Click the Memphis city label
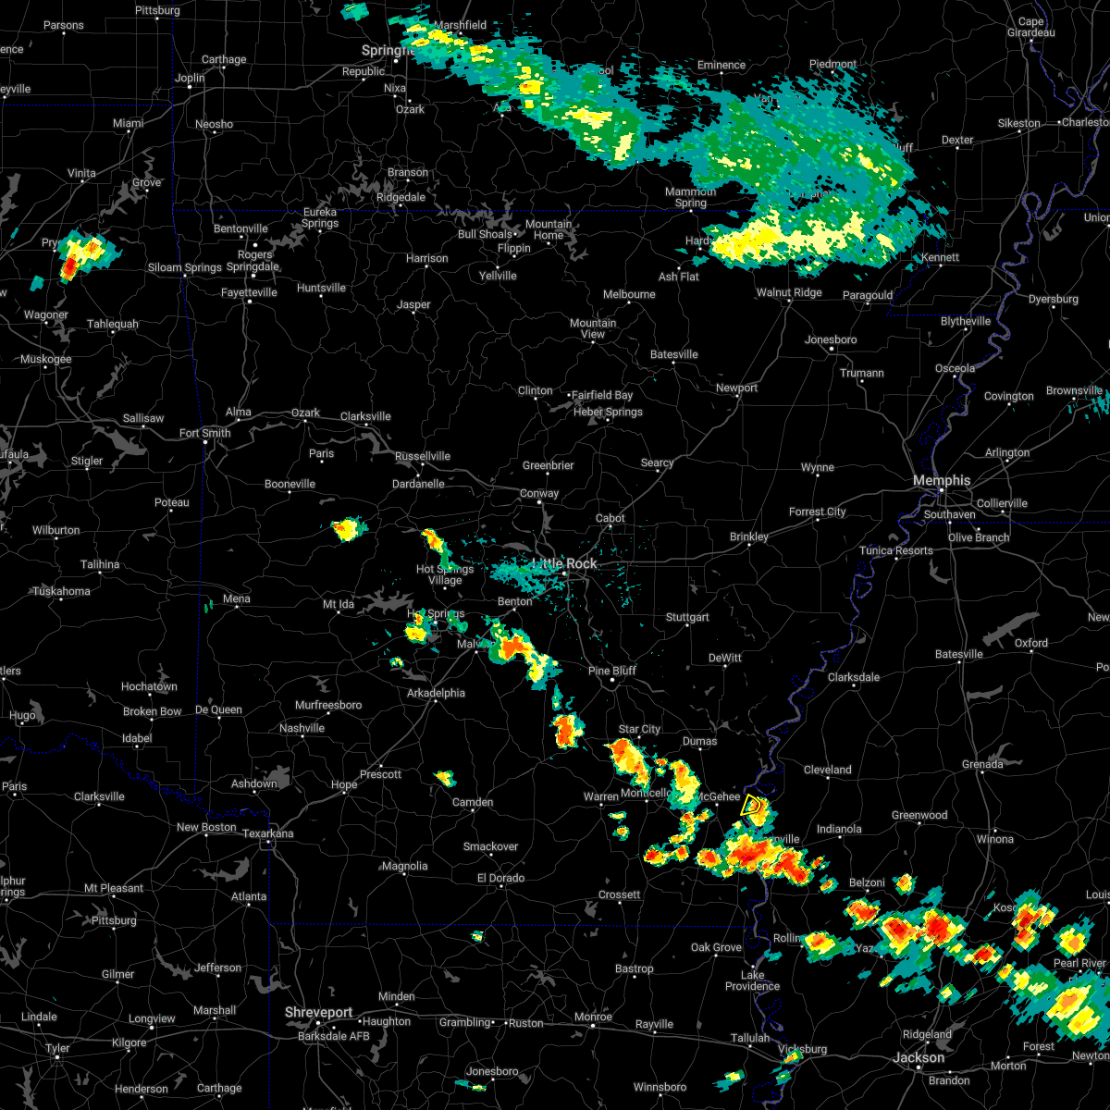tap(942, 480)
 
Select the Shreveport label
tap(318, 1013)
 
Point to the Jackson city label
tap(919, 1057)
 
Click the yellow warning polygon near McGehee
tap(752, 807)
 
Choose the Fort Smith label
tap(204, 433)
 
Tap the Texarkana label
tap(268, 833)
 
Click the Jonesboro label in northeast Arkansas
tap(831, 339)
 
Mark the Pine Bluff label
tap(611, 671)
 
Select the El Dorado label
tap(500, 878)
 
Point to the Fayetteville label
tap(249, 292)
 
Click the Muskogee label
tap(45, 359)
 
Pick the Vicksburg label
tap(802, 1049)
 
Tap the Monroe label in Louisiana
tap(593, 1017)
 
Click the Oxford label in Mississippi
tap(1031, 643)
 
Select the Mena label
tap(236, 598)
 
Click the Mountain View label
tap(593, 328)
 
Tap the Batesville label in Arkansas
tap(673, 354)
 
